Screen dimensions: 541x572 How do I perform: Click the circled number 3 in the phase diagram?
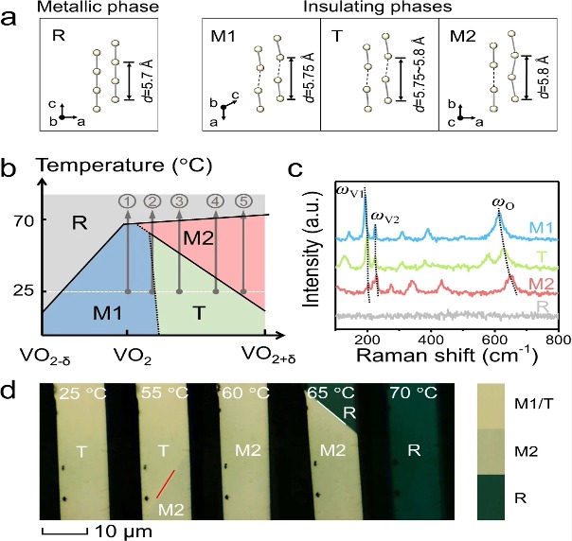pyautogui.click(x=178, y=201)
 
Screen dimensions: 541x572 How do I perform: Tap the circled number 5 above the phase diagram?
pyautogui.click(x=244, y=201)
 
